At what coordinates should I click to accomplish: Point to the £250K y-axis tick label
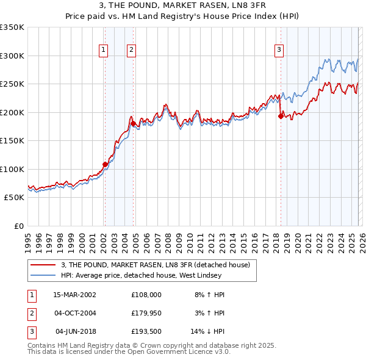tap(12, 84)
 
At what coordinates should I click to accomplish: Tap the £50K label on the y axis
tap(14, 198)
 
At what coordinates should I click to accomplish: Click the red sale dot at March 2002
tap(105, 164)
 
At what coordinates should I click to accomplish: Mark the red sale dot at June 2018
tap(281, 116)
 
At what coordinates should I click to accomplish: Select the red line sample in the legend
tap(42, 265)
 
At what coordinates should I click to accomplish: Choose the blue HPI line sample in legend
tap(42, 275)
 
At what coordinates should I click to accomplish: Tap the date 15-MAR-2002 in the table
tap(75, 295)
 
